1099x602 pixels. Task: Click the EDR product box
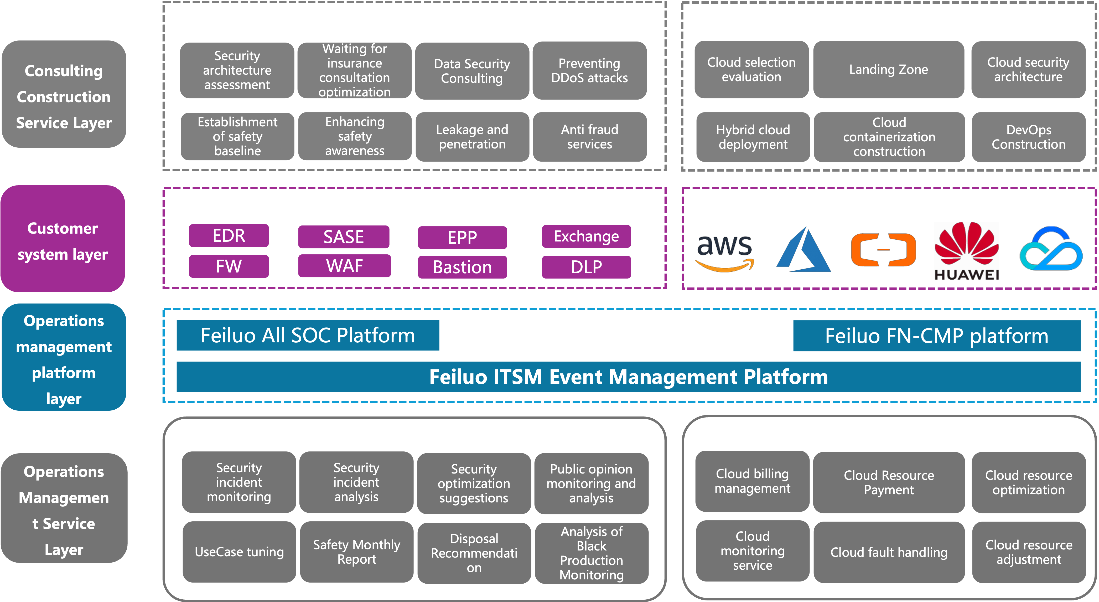coord(229,235)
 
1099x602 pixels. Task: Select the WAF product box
coord(344,266)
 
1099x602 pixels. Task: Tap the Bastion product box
coord(463,267)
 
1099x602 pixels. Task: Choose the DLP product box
coord(586,267)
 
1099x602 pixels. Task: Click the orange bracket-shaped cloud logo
coord(883,250)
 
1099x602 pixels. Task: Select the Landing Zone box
coord(888,70)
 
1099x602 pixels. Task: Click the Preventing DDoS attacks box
coord(589,70)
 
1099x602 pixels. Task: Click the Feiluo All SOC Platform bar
coord(308,335)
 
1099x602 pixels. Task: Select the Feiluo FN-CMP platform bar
coord(936,336)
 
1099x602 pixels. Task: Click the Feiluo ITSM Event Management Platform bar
coord(628,377)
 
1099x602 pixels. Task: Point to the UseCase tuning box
coord(239,552)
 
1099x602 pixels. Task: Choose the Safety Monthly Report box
coord(357,552)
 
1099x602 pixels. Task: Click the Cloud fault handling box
coord(889,552)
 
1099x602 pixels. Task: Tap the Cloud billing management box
coord(752,481)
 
